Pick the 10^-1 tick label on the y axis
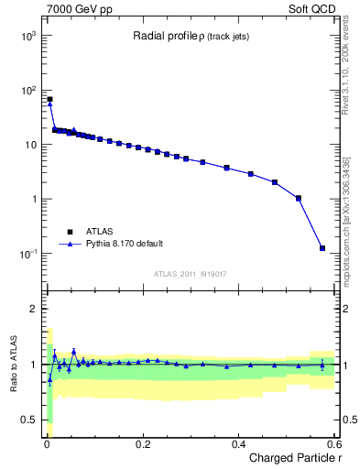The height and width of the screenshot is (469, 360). coord(27,254)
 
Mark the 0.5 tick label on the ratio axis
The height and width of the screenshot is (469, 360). coord(29,420)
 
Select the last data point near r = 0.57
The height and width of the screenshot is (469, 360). coord(322,247)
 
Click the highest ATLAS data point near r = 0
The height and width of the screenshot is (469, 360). coord(49,99)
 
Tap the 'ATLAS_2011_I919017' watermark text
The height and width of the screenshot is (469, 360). coord(190,273)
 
